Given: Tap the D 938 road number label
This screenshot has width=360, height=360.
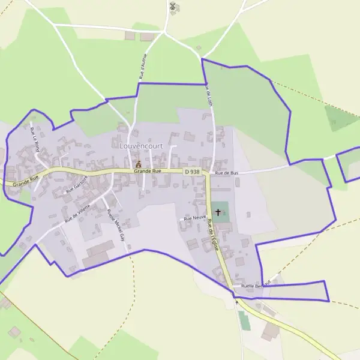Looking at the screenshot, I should pos(191,172).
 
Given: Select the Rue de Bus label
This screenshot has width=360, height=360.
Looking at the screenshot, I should pos(227,173).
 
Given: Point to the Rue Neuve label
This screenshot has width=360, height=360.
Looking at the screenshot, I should pos(195,218).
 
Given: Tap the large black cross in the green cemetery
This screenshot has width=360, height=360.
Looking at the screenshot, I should pos(218,212).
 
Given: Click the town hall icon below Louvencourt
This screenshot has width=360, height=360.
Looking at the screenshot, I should pos(139,163).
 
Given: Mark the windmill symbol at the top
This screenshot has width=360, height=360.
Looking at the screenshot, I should pos(173,7).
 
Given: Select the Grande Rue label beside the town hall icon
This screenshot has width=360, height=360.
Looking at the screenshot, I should pos(148,171).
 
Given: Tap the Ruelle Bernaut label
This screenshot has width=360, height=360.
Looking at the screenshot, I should pos(256,284).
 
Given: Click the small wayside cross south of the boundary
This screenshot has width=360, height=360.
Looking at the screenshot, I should pos(236,303).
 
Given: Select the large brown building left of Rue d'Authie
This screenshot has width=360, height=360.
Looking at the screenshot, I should pos(130,36).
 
